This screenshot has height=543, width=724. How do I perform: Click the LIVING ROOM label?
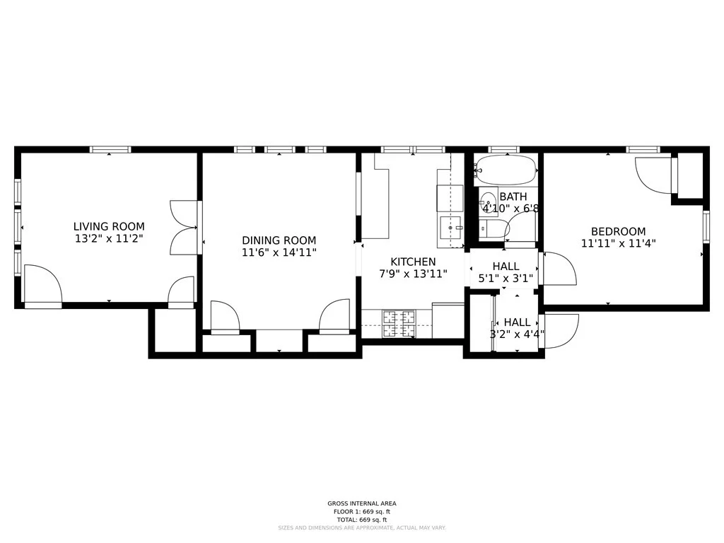(109, 226)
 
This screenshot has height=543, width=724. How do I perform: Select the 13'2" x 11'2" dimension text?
(109, 239)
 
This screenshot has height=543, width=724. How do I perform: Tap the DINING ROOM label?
(279, 240)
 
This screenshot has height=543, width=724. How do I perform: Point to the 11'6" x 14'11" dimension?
(279, 252)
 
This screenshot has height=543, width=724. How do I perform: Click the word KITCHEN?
(413, 262)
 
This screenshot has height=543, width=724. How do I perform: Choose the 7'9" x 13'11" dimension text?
(413, 274)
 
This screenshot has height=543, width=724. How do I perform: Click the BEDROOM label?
(618, 231)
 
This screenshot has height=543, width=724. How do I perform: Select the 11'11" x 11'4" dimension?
(618, 243)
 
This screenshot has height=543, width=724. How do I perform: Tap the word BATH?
(513, 197)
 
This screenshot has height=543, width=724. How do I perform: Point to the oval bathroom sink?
(488, 199)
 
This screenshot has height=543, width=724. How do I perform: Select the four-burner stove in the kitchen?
(399, 325)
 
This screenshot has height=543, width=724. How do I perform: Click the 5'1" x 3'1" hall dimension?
(506, 279)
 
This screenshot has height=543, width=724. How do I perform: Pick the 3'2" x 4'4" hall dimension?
(517, 334)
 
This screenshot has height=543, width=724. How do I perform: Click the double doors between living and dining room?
(185, 228)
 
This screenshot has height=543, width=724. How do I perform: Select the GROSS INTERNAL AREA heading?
(362, 503)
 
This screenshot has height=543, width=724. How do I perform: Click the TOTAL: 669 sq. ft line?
(362, 519)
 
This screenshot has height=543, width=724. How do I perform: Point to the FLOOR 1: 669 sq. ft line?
(362, 511)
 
